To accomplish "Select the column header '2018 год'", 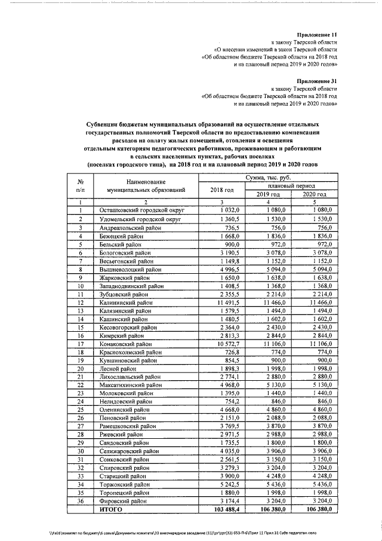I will [222, 190].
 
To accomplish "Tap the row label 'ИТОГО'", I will [112, 510].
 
